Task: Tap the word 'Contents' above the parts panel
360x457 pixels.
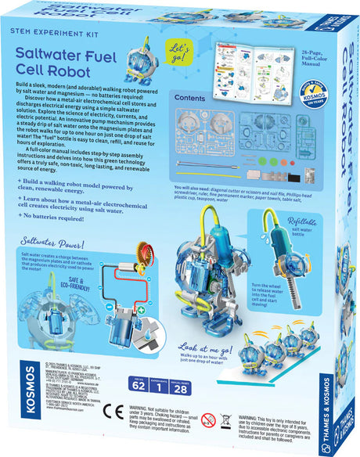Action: click(x=191, y=99)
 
